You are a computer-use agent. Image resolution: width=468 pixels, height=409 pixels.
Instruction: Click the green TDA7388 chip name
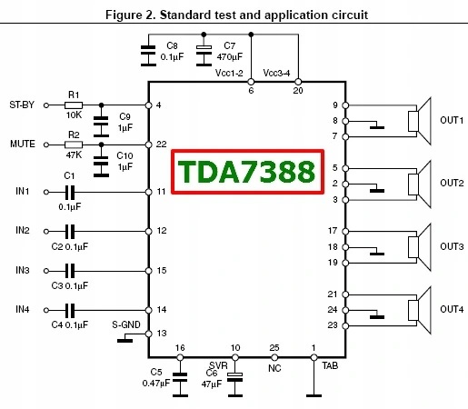(246, 172)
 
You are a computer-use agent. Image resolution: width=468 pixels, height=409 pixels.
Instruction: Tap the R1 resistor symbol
(74, 105)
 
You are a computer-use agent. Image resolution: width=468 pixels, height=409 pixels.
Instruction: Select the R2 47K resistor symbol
(74, 145)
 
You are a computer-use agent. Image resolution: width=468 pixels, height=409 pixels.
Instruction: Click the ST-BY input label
(22, 105)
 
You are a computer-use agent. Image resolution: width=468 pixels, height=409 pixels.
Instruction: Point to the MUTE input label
(23, 144)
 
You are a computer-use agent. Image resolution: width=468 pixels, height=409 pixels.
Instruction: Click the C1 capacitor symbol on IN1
(70, 192)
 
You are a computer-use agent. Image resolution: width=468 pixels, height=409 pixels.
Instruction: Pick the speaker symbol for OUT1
(420, 121)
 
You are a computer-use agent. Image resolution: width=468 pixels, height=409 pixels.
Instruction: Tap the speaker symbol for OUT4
(420, 310)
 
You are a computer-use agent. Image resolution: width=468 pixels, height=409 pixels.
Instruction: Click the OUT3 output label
(452, 246)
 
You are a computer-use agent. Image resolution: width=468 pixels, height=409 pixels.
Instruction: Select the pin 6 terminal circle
(251, 82)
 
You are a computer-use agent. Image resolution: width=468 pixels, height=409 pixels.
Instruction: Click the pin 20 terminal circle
(298, 82)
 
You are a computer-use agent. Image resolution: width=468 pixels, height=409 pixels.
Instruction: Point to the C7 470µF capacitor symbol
(204, 55)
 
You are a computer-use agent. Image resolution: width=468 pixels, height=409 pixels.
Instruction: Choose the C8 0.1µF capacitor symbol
(148, 55)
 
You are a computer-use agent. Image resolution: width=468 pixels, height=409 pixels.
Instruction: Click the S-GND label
(126, 324)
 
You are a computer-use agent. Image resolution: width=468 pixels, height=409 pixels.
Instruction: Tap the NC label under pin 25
(274, 368)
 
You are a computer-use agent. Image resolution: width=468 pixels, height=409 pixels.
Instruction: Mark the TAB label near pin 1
(330, 366)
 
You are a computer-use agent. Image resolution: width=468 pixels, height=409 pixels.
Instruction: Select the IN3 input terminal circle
(46, 271)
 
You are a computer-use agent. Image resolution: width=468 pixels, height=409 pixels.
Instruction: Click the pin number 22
(162, 145)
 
